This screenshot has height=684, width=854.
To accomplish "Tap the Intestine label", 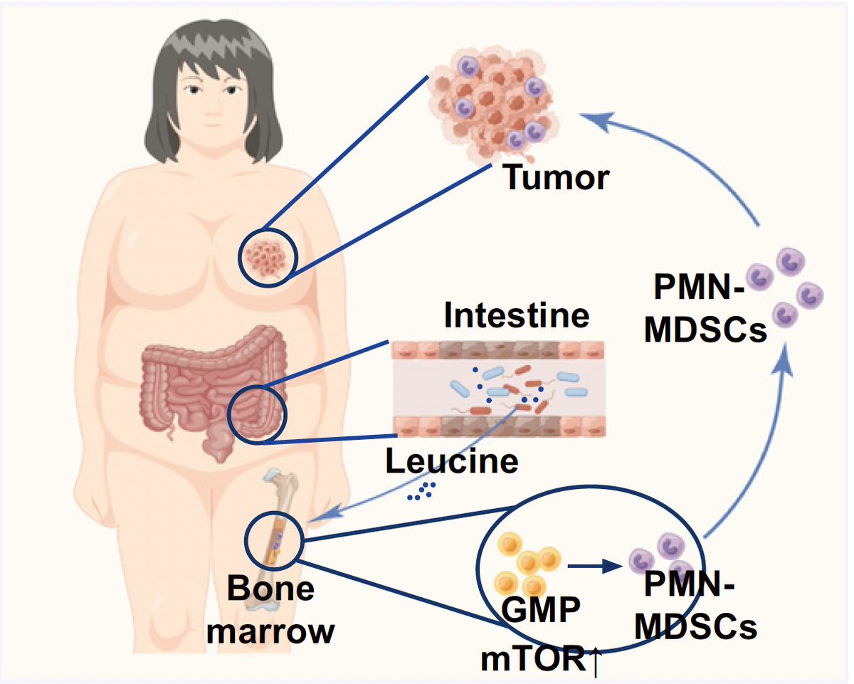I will click(x=517, y=316).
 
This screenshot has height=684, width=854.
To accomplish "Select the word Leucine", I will click(x=451, y=462).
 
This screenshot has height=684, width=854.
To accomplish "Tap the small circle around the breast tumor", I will click(x=266, y=258).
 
